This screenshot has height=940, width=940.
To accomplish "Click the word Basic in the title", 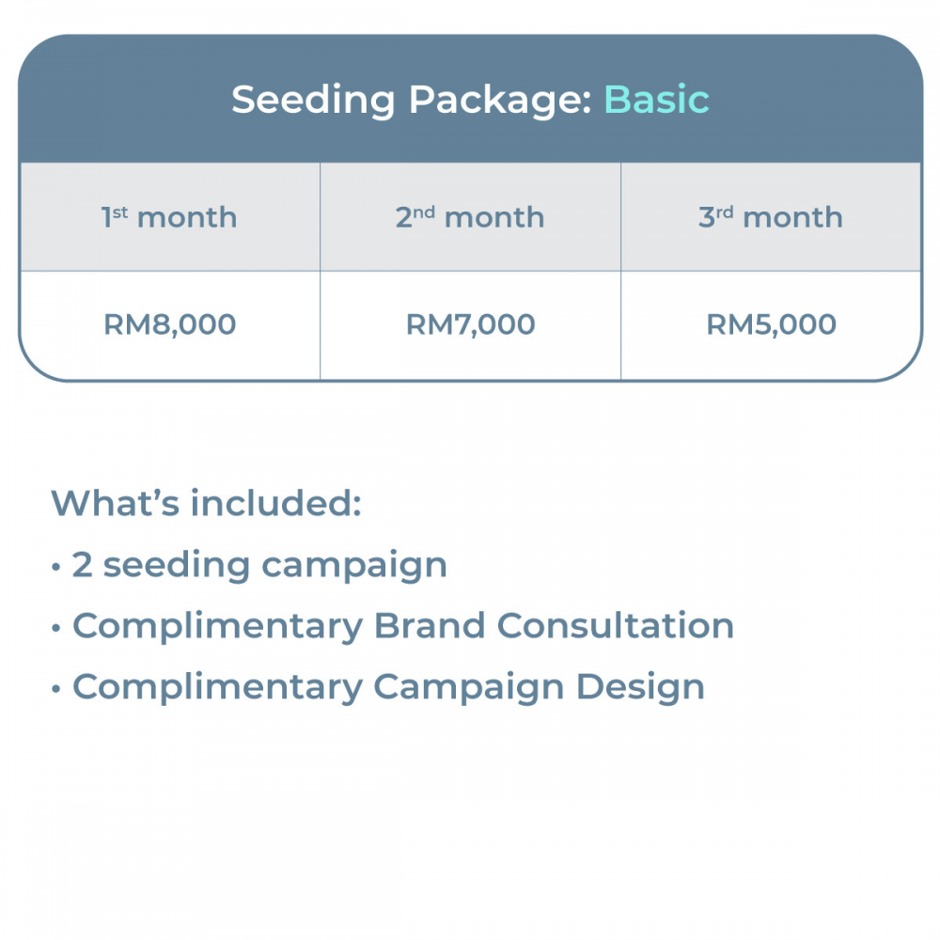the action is click(x=656, y=100).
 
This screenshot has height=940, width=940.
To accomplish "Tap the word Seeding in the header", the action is click(x=313, y=102).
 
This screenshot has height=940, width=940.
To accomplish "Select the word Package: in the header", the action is click(x=501, y=102).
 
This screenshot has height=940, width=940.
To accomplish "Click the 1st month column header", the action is click(x=169, y=217).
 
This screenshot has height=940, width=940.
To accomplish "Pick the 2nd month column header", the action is click(x=470, y=217).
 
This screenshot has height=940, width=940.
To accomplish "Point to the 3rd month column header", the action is click(x=771, y=217).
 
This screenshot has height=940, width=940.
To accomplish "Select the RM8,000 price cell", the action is click(x=169, y=325).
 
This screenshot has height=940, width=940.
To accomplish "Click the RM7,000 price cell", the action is click(x=471, y=325).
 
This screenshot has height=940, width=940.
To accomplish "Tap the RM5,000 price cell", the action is click(x=772, y=325).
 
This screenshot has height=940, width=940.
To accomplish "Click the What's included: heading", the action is click(x=206, y=502).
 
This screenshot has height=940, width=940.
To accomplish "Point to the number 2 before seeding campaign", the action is click(x=82, y=565).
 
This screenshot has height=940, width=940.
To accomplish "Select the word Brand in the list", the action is click(x=430, y=626).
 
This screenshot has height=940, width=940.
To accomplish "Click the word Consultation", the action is click(x=616, y=626).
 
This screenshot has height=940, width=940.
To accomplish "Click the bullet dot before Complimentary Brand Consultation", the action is click(x=56, y=628).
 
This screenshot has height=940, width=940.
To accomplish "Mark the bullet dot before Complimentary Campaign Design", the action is click(x=56, y=689).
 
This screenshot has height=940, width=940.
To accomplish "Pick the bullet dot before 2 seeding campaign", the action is click(x=56, y=567).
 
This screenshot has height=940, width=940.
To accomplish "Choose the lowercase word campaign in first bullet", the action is click(x=354, y=567).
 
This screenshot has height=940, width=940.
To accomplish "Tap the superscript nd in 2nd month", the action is click(x=424, y=212).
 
